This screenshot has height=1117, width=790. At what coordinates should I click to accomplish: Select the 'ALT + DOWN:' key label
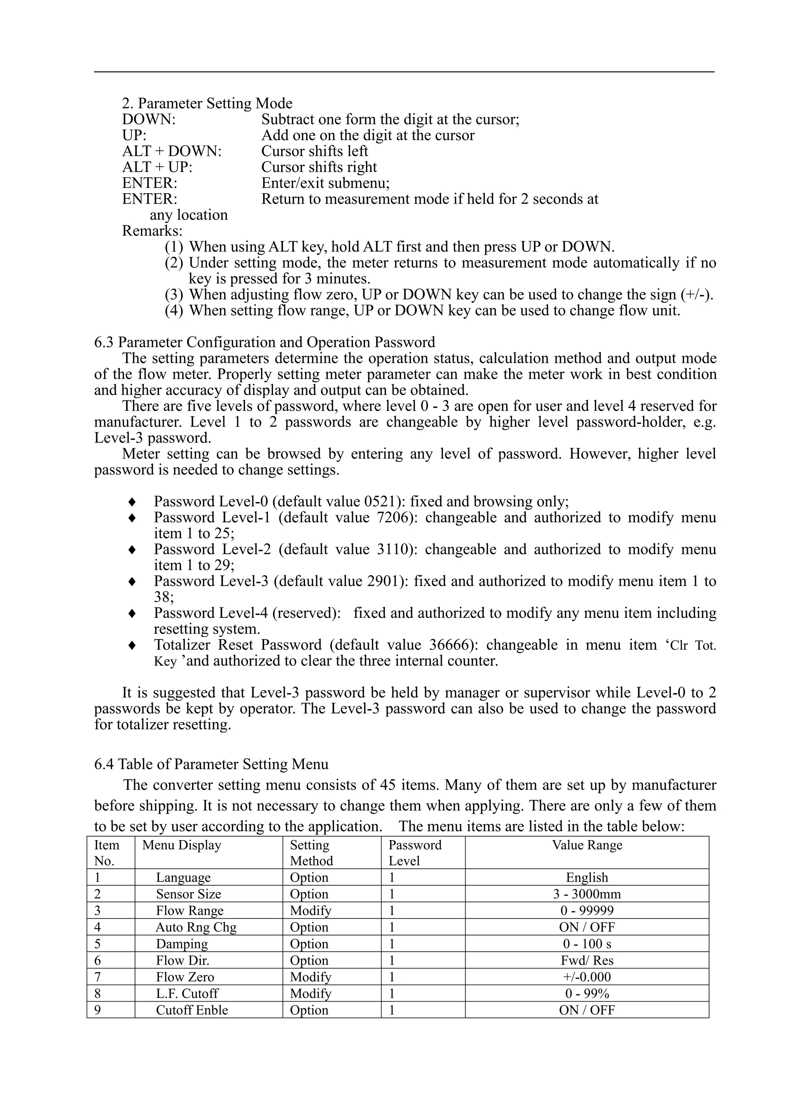[172, 151]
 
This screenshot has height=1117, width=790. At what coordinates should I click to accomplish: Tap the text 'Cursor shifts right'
[319, 167]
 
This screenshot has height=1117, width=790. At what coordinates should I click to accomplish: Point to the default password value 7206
[392, 517]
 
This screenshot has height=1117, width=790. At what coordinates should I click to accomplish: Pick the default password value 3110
[392, 549]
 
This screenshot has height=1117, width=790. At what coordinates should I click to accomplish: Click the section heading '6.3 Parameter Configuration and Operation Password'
[265, 342]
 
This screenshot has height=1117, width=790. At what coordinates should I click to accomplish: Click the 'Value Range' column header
[587, 845]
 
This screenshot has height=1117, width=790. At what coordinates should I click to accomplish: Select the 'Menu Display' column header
[181, 845]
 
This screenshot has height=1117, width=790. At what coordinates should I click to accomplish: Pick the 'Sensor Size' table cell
[188, 894]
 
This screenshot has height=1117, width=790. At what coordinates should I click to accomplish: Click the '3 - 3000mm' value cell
[587, 894]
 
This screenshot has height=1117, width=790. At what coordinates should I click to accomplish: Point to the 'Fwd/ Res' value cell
[587, 960]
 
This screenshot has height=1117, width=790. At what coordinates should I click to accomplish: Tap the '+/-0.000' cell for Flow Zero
[587, 977]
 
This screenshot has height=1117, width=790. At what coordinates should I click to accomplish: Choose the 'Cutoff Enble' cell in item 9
[192, 1010]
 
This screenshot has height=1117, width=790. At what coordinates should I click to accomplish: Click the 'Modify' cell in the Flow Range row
[311, 910]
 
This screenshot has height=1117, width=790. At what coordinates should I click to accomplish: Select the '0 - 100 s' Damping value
[587, 944]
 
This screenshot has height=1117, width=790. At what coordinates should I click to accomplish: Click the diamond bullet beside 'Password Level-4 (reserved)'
[131, 614]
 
